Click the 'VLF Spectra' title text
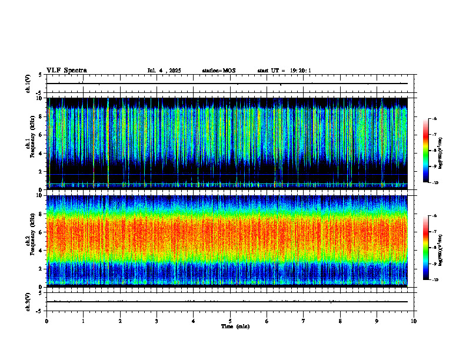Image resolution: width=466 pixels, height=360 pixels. (x=66, y=71)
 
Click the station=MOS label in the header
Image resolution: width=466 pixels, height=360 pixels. (x=218, y=71)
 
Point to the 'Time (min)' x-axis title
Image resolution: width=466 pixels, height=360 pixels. (x=235, y=326)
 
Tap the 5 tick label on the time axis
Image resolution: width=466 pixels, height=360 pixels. (x=230, y=321)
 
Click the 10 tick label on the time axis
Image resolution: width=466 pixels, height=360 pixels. (x=414, y=321)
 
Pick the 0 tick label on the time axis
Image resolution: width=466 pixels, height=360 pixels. (x=46, y=321)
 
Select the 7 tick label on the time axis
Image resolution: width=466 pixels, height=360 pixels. (x=304, y=321)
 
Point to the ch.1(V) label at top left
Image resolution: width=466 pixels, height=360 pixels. (x=28, y=84)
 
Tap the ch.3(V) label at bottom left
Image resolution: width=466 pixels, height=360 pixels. (x=28, y=301)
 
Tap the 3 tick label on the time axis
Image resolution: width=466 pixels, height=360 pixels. (x=157, y=321)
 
